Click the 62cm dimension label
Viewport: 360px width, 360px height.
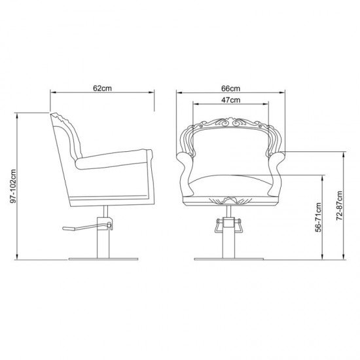pos(102,88)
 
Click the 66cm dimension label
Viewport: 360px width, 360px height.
pos(230,88)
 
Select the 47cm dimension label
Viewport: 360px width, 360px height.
pos(231,100)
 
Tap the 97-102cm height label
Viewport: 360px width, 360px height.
pos(13,186)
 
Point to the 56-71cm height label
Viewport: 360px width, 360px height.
pos(318,217)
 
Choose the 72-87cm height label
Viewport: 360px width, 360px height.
pos(340,206)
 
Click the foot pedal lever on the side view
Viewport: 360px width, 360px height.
pos(87,227)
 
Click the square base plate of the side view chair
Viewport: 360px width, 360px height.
pos(103,259)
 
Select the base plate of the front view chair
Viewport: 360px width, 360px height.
pos(228,259)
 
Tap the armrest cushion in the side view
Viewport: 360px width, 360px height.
pos(114,159)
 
